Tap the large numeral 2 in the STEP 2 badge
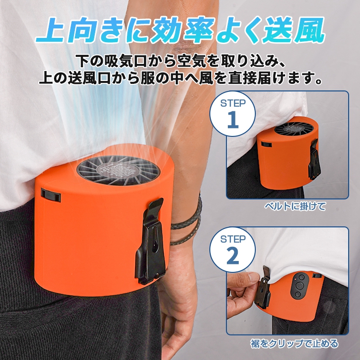coord(233,256)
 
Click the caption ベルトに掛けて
coord(295,207)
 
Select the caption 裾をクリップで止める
coord(294,343)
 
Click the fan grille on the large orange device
coord(118,170)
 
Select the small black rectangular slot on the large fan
coord(51,195)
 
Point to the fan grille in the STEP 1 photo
coord(294,128)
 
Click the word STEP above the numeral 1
coord(233,104)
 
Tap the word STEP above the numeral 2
coord(233,239)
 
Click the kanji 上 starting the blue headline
coord(52,30)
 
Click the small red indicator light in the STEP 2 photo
coord(294,280)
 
